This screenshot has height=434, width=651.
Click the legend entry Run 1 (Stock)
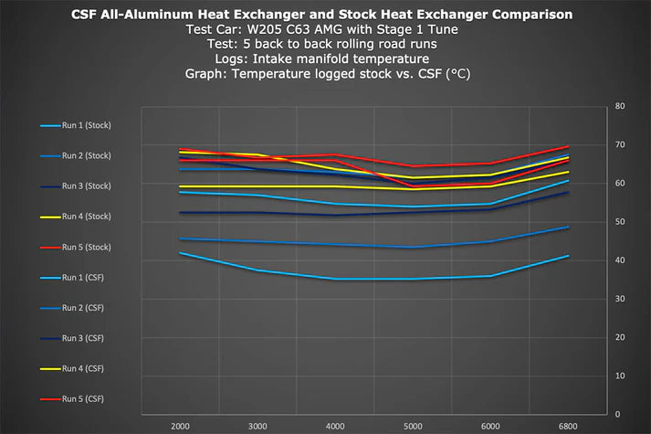pos(76,125)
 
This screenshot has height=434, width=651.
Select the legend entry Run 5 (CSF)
pos(72,399)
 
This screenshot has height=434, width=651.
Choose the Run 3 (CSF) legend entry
pos(72,338)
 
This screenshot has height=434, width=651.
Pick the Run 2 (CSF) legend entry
pos(72,308)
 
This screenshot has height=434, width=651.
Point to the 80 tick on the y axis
pos(620,106)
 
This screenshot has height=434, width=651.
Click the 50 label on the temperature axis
pos(620,222)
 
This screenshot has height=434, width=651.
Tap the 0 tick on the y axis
pos(617,415)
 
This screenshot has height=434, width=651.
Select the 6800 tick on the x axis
pos(568,427)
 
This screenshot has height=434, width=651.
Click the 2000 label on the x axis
pos(180,427)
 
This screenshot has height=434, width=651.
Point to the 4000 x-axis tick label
pos(335,427)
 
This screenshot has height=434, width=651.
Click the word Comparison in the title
pos(532,15)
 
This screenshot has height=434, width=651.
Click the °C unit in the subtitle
pos(458,74)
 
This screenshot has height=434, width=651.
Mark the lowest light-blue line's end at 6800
pos(568,256)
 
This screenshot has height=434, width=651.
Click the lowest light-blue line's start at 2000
pos(180,252)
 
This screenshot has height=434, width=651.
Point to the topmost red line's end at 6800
pos(568,146)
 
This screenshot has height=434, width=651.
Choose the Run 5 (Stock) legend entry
pos(76,248)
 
